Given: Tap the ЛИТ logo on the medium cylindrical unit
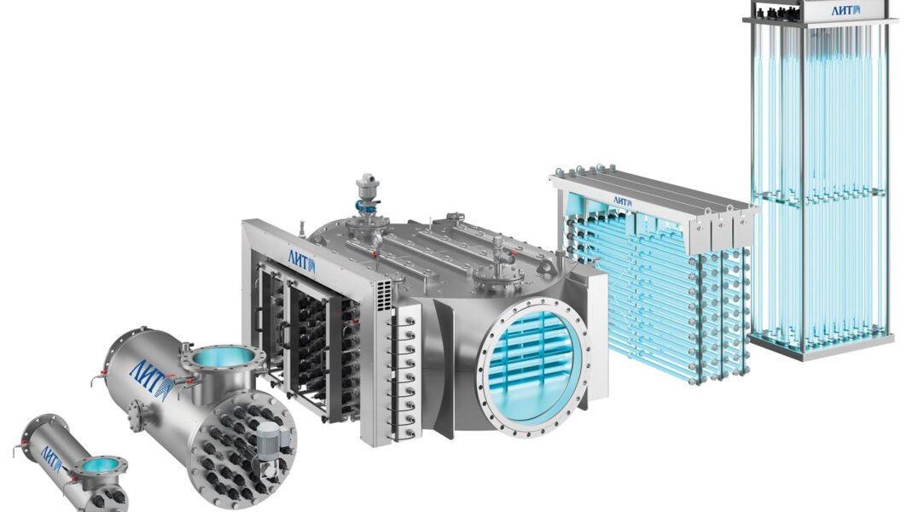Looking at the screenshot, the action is click(x=151, y=375).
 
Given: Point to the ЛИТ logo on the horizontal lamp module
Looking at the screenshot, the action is click(x=622, y=201).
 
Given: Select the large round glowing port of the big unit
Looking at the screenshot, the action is click(x=532, y=363).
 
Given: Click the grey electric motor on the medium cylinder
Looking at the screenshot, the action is click(x=271, y=439).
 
